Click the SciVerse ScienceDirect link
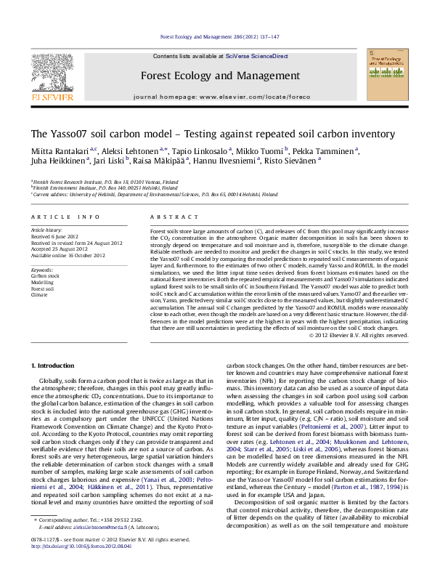[256, 56]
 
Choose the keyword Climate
[40, 296]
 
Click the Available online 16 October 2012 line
[68, 257]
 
